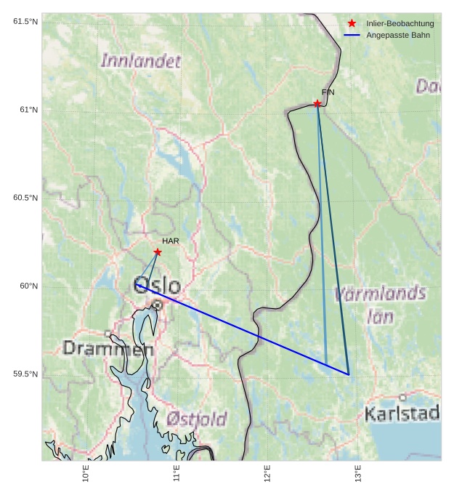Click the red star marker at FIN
tap(317, 104)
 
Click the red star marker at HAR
tap(158, 252)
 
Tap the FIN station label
tap(328, 92)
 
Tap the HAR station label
tap(171, 241)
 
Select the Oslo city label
tap(158, 285)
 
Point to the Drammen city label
tap(108, 349)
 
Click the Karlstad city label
tap(402, 414)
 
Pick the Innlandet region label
tap(140, 61)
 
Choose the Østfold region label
tap(196, 419)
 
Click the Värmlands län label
tap(381, 305)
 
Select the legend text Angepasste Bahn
tap(398, 35)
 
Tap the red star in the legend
tap(352, 24)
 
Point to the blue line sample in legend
tap(352, 35)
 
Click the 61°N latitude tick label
tap(25, 110)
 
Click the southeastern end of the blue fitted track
tap(349, 374)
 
